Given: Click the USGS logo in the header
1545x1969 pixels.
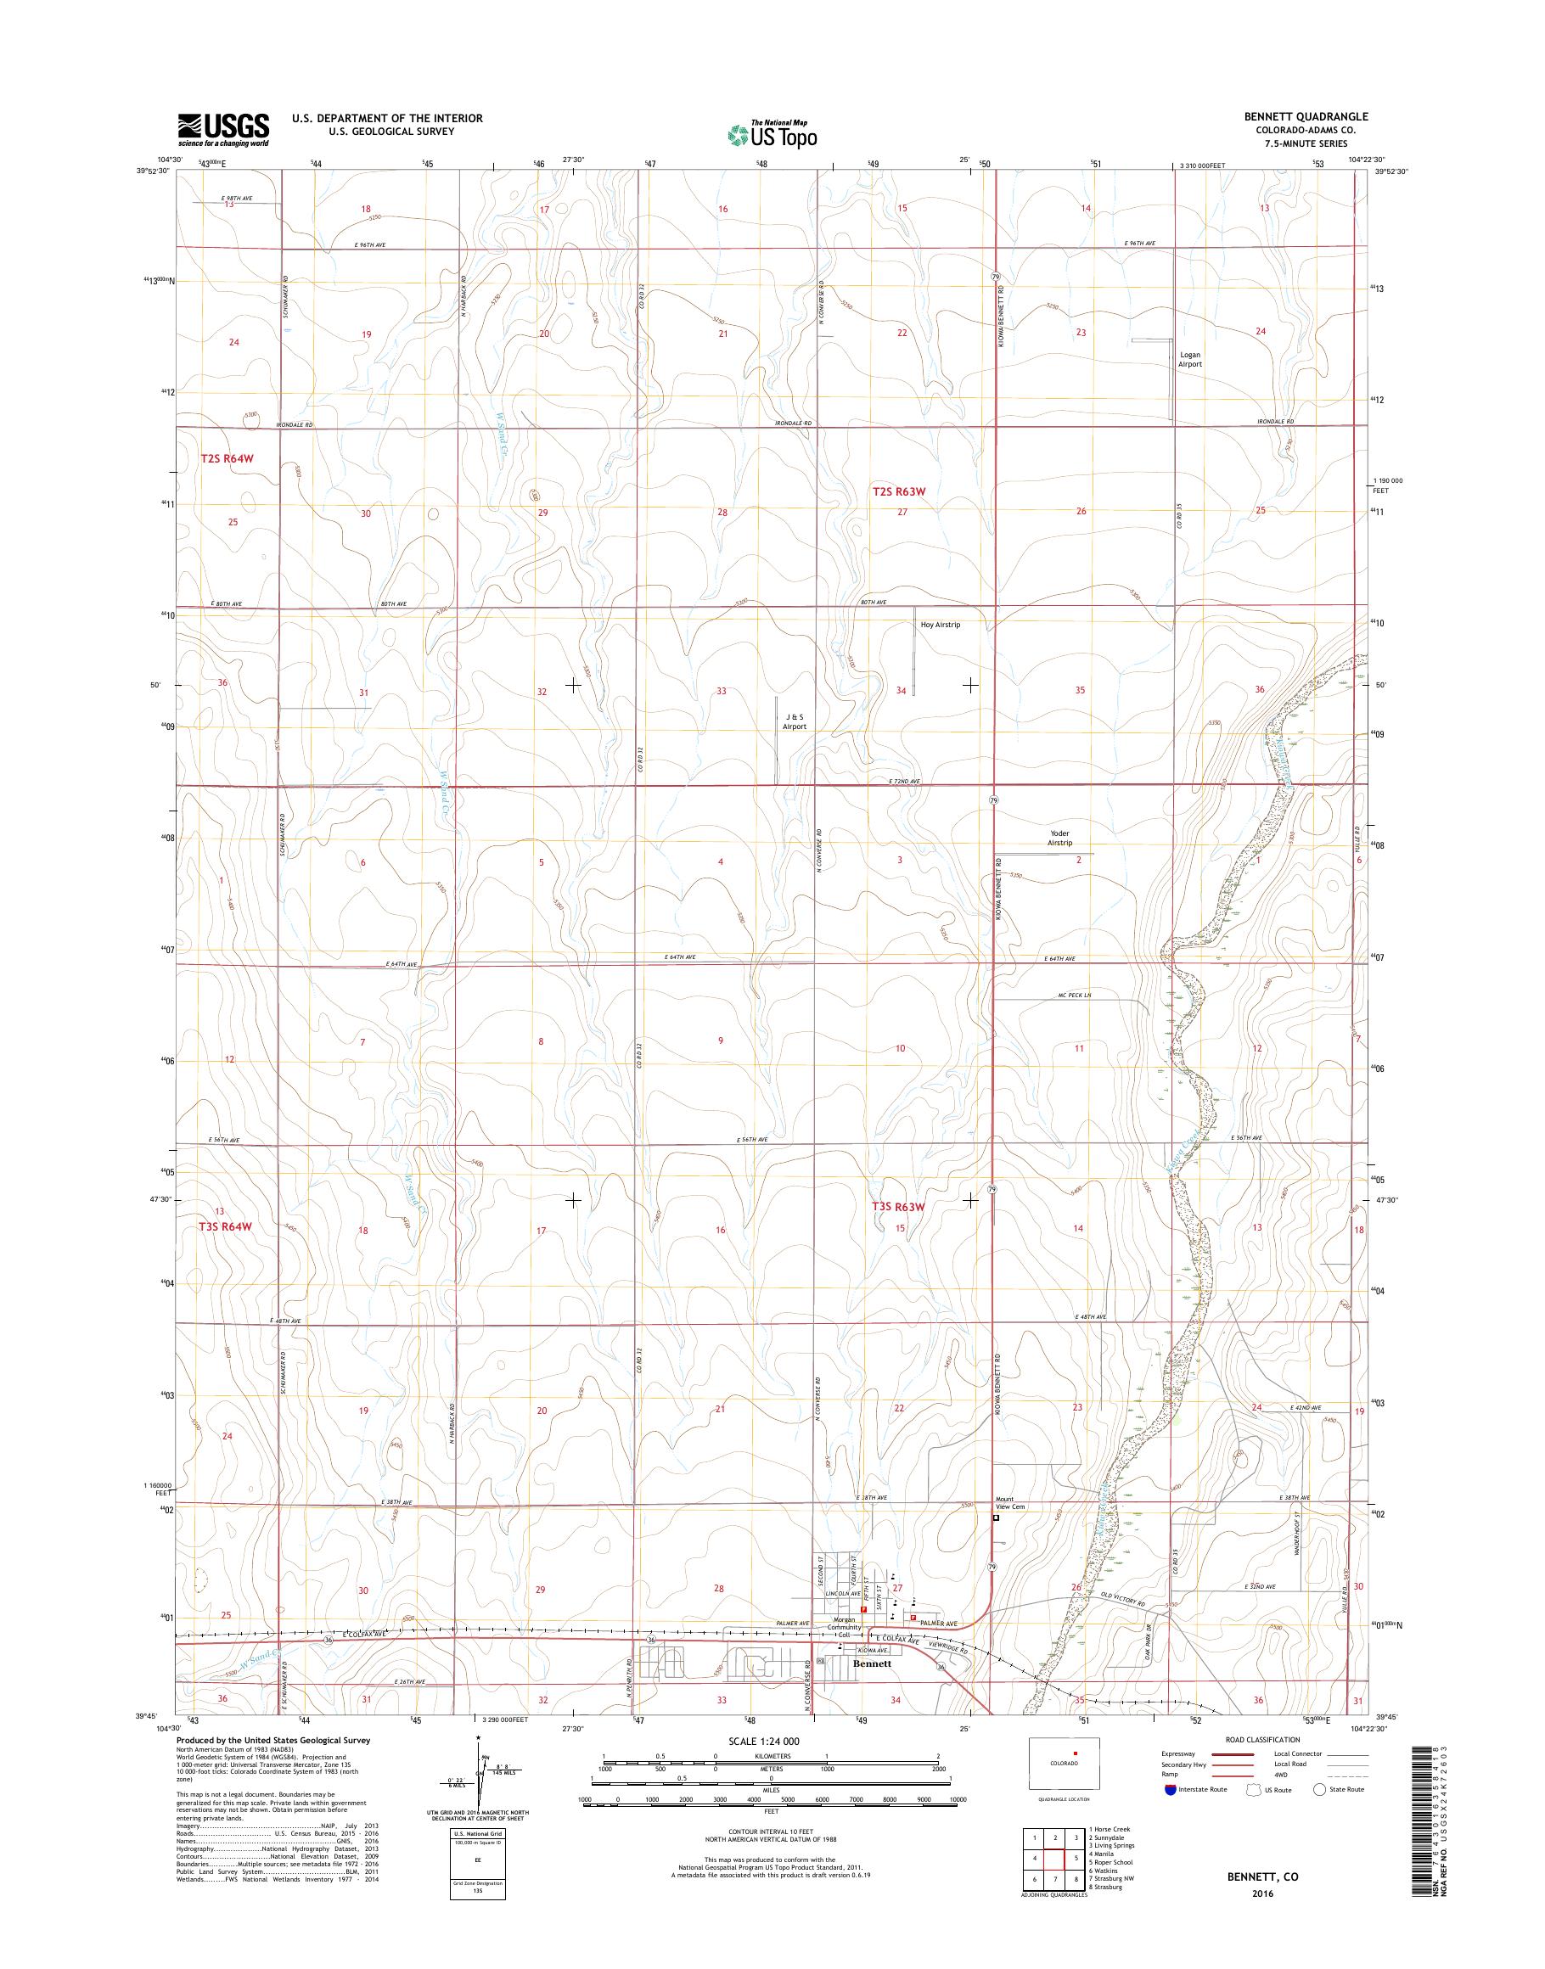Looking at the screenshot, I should (x=223, y=129).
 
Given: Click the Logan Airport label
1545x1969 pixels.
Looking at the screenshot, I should (x=1189, y=359).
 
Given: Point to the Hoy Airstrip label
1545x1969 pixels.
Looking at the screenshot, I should (x=940, y=624).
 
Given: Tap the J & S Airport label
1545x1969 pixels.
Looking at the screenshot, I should (x=794, y=721).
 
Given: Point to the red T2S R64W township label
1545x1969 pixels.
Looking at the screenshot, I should (x=226, y=458).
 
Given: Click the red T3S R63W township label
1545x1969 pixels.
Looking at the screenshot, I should (x=899, y=1207).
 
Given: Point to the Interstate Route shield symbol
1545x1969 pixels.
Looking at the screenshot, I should (x=1171, y=1815).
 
